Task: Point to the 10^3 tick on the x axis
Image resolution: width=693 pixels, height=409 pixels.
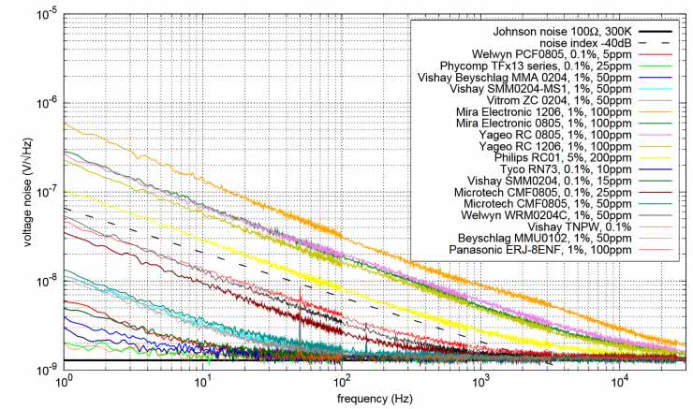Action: [x=480, y=381]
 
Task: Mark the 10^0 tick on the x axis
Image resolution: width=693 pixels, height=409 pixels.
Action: [x=65, y=381]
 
